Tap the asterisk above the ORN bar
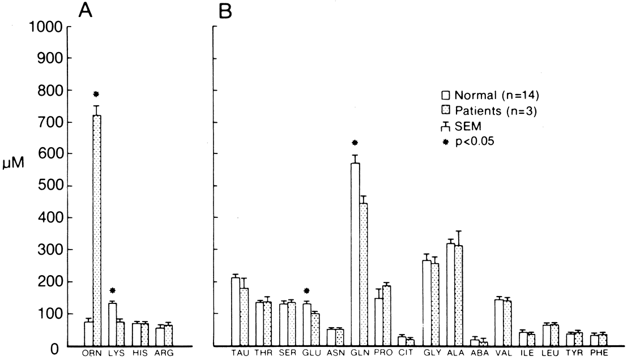pos(96,95)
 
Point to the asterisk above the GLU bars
pos(306,292)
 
